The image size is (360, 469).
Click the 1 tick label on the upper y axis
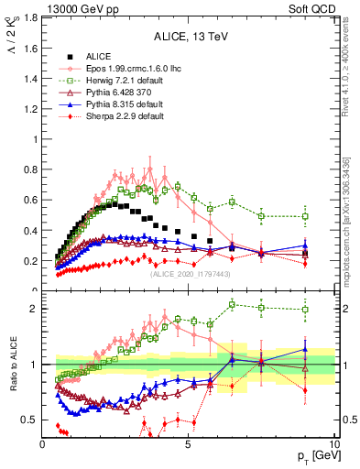[35, 139]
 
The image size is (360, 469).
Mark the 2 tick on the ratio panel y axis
[35, 309]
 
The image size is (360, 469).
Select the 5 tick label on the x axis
[189, 444]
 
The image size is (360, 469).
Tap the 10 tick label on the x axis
[333, 444]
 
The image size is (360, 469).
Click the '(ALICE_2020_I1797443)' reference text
[189, 273]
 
